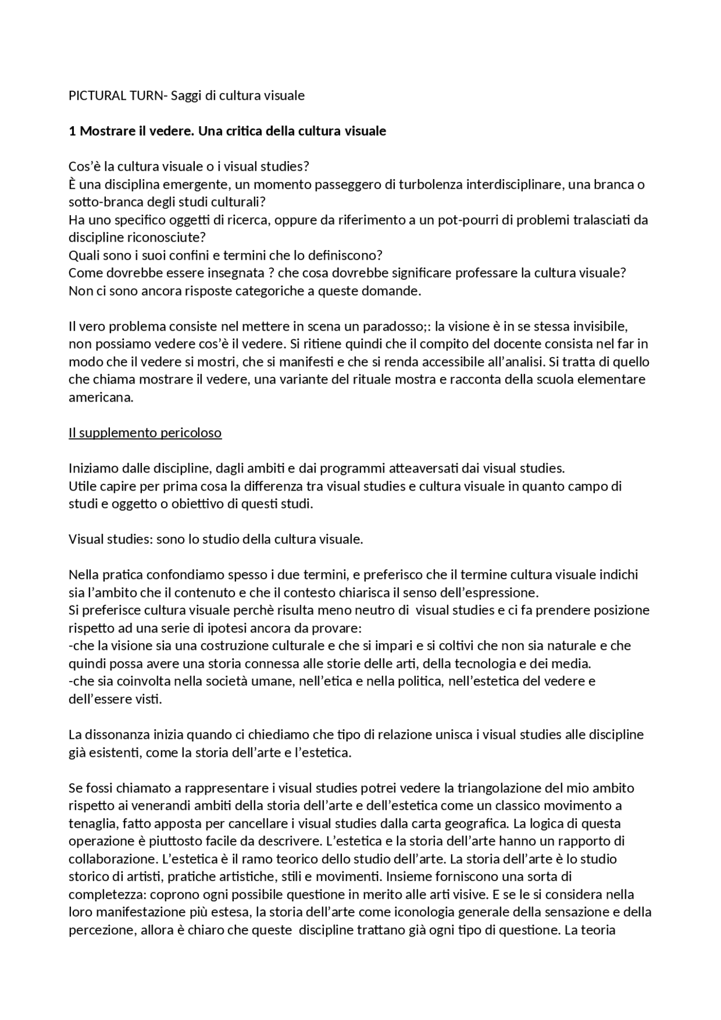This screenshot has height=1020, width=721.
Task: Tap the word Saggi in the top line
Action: (x=186, y=96)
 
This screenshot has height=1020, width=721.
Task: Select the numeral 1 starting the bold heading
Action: (x=72, y=131)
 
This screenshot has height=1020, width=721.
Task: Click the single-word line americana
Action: (x=101, y=398)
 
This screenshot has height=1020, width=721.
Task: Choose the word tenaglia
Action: (x=92, y=823)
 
